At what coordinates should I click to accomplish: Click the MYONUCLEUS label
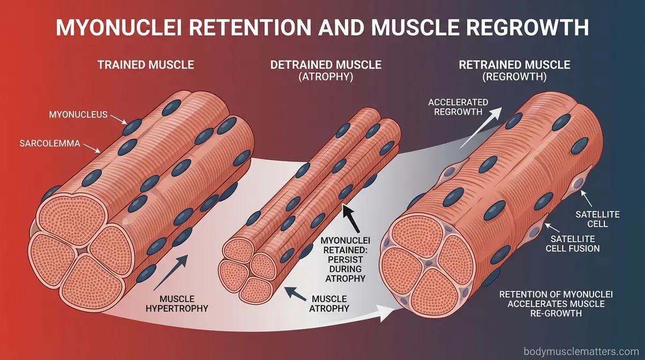(78, 114)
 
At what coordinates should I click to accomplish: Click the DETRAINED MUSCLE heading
(326, 65)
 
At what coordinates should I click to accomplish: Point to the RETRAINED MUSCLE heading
(514, 65)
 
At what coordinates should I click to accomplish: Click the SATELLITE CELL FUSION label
(572, 243)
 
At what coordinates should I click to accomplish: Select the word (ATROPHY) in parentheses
(326, 77)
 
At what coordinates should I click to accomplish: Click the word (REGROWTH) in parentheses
(514, 77)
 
